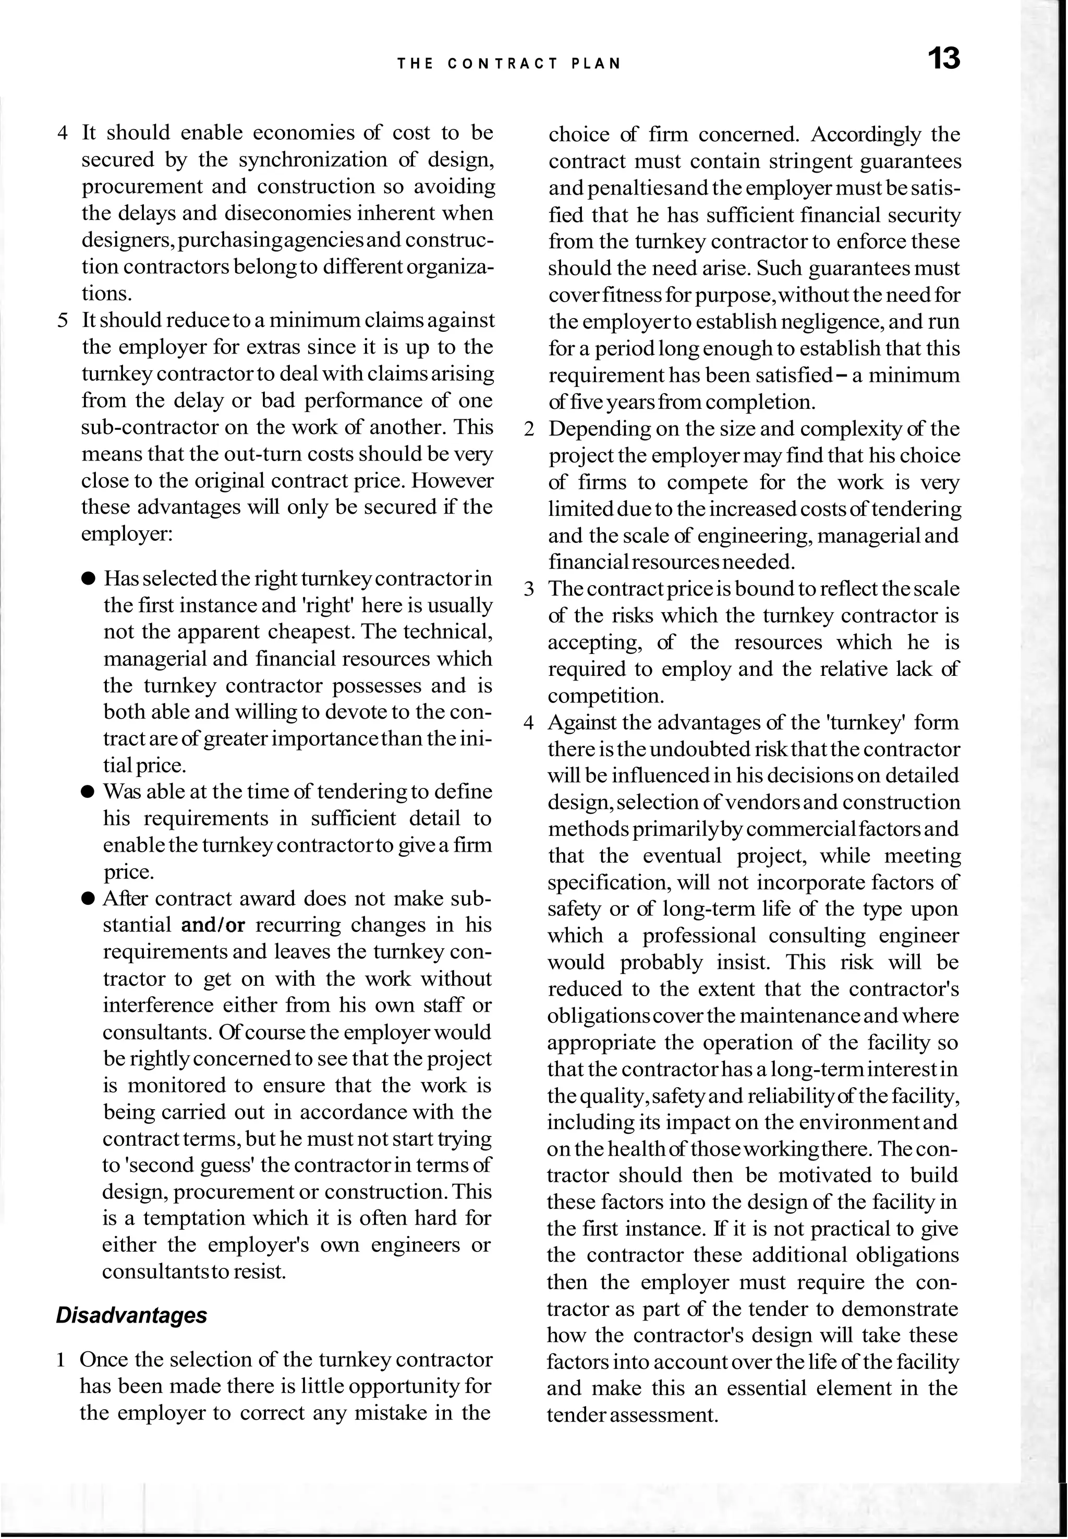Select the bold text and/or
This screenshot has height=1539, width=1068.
coord(213,925)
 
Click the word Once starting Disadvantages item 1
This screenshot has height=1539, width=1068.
coord(104,1360)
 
